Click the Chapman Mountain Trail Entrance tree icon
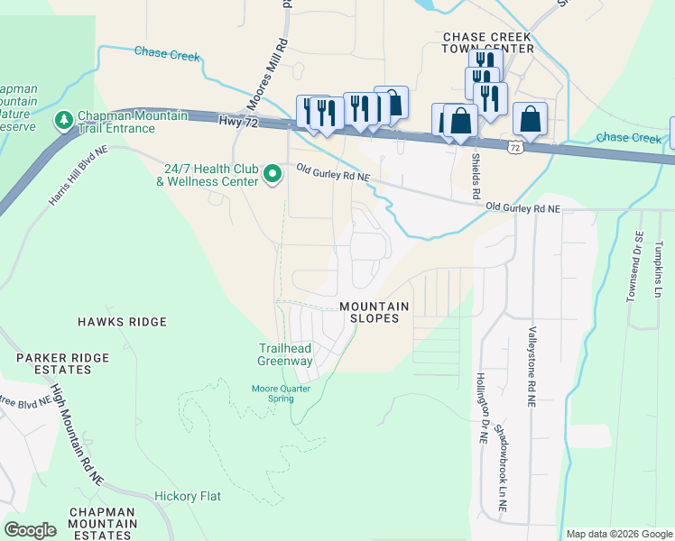(64, 119)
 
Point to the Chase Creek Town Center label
(487, 42)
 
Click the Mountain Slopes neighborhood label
(374, 313)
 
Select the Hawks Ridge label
(122, 322)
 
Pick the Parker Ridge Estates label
(54, 363)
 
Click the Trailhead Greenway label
(285, 354)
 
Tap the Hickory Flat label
(188, 496)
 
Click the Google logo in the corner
(30, 530)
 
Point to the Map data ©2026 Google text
(619, 534)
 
